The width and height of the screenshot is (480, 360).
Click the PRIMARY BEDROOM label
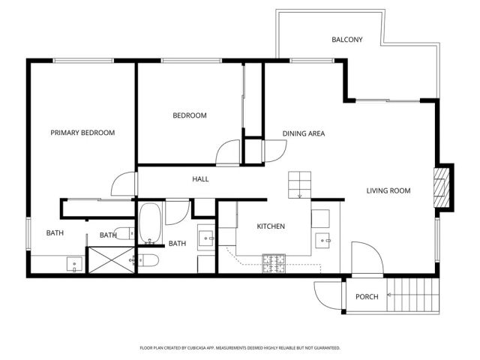[82, 133]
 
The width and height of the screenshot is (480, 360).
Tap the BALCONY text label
[347, 40]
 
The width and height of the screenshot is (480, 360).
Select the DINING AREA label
[303, 134]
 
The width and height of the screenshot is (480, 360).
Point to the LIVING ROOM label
[388, 190]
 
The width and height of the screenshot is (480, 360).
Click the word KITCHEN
[271, 226]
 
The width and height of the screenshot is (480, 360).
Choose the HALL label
[200, 179]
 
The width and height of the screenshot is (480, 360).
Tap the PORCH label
[367, 297]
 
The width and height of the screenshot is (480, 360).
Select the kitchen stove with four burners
[274, 262]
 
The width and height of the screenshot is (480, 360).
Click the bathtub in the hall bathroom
[151, 223]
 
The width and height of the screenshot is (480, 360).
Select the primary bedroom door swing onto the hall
[123, 184]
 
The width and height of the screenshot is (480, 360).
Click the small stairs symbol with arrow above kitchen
[300, 184]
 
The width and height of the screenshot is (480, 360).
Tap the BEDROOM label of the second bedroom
[190, 115]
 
